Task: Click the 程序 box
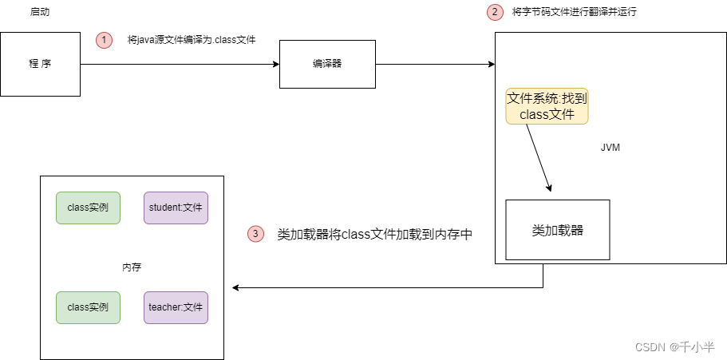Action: tap(40, 64)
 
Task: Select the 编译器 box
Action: tap(327, 64)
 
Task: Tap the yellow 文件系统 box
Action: tap(547, 106)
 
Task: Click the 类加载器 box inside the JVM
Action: tap(557, 230)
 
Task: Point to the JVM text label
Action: tap(610, 148)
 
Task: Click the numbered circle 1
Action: tap(105, 40)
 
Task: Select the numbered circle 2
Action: tap(496, 13)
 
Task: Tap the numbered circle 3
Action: tap(255, 234)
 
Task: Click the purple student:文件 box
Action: tap(176, 208)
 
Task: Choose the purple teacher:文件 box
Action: tap(176, 307)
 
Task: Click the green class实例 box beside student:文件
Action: tap(88, 208)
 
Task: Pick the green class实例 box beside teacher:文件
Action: tap(88, 307)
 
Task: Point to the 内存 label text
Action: tap(132, 267)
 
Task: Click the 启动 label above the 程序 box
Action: tap(40, 13)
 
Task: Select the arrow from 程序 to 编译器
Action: tap(180, 64)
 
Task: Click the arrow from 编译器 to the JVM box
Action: tap(435, 64)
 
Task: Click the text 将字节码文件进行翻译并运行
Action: tap(575, 13)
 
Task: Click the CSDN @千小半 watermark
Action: tap(674, 346)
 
